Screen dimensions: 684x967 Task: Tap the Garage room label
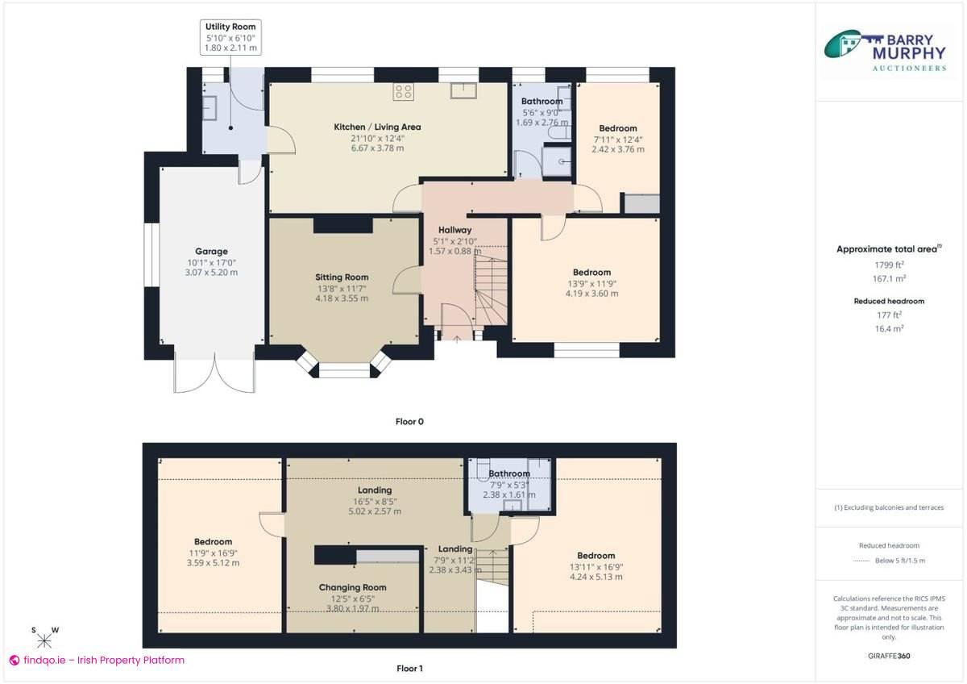(211, 252)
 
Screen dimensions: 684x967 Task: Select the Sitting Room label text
(342, 277)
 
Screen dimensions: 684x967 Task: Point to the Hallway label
(454, 231)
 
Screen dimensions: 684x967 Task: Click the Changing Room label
(352, 588)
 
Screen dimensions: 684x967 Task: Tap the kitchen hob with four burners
(404, 92)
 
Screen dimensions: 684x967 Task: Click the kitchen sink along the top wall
(465, 90)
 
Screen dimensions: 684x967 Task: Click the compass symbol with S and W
(44, 640)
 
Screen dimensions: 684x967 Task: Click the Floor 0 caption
(409, 421)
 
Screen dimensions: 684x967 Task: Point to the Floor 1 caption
(409, 669)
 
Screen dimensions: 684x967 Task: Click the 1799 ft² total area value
(890, 265)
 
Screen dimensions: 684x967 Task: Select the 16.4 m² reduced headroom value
(890, 329)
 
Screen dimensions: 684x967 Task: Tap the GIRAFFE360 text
(890, 657)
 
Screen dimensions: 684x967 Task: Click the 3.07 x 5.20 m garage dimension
(211, 273)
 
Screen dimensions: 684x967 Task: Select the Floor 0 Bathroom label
(542, 102)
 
